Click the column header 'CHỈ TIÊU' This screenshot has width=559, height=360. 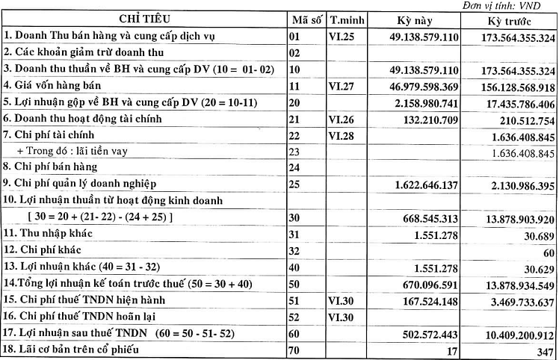[x=142, y=19]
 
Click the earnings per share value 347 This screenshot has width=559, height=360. [x=545, y=350]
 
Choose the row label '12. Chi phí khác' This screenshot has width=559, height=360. [x=45, y=251]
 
